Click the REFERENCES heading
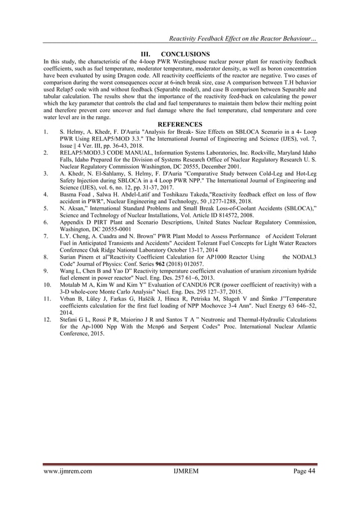(180, 124)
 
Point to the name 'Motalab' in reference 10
(72, 284)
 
